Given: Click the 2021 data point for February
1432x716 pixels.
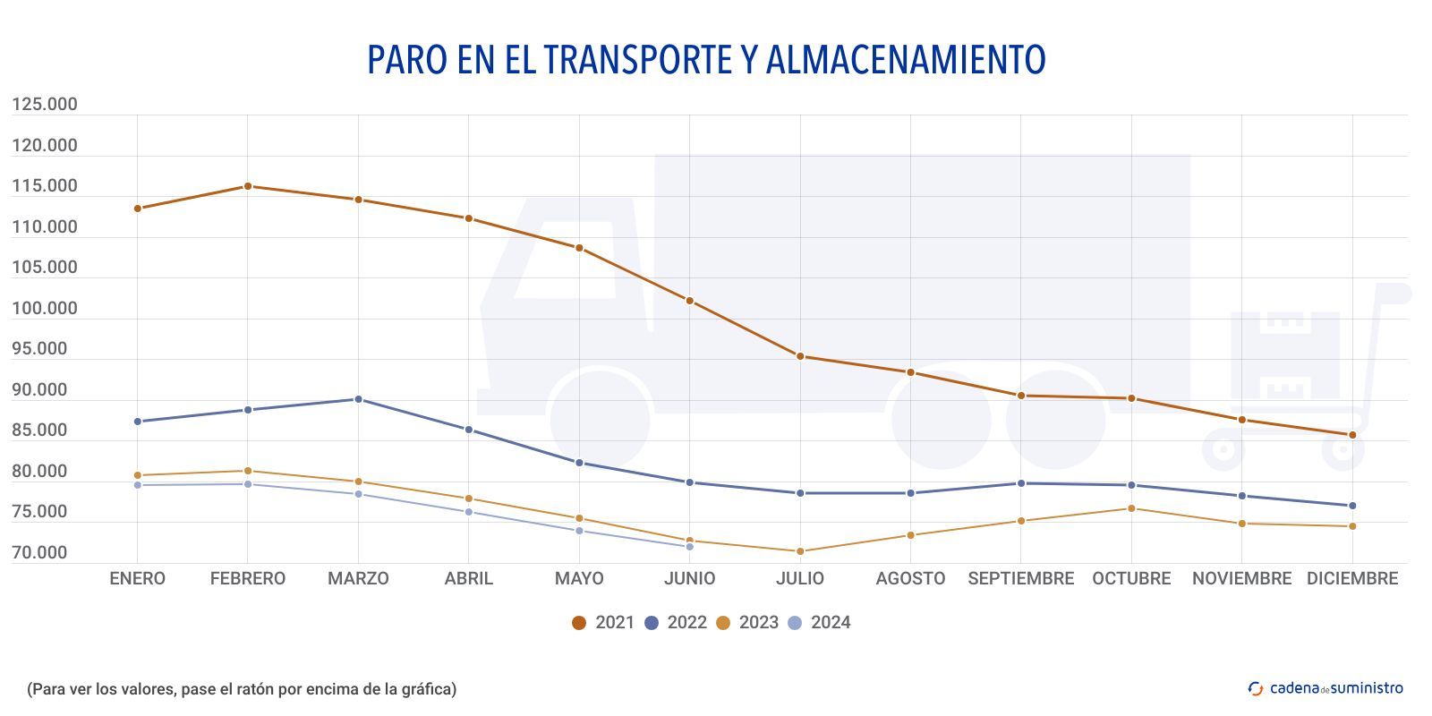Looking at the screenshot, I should point(248,186).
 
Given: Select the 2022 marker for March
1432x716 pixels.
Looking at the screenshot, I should point(358,399).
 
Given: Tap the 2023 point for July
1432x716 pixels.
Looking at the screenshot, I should point(800,551).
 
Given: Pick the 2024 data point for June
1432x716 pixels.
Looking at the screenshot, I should point(689,547).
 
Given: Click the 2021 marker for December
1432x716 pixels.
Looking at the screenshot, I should point(1352,435).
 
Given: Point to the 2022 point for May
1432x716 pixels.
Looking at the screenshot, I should point(579,463).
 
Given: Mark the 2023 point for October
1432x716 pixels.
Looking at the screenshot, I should point(1131,508).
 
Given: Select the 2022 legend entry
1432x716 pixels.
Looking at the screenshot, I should point(676,623).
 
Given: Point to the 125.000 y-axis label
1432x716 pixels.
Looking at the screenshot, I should point(45,105).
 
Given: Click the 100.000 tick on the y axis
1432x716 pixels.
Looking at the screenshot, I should point(45,309).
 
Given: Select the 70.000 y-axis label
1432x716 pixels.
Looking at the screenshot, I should point(39,553).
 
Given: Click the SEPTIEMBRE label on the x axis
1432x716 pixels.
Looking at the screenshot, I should point(1020,579).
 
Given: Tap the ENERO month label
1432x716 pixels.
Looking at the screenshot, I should point(137,579).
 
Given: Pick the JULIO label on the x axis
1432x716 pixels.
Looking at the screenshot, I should point(800,579).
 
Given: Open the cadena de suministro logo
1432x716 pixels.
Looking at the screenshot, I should point(1325,688).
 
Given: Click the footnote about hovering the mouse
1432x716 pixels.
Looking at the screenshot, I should point(242,689).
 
